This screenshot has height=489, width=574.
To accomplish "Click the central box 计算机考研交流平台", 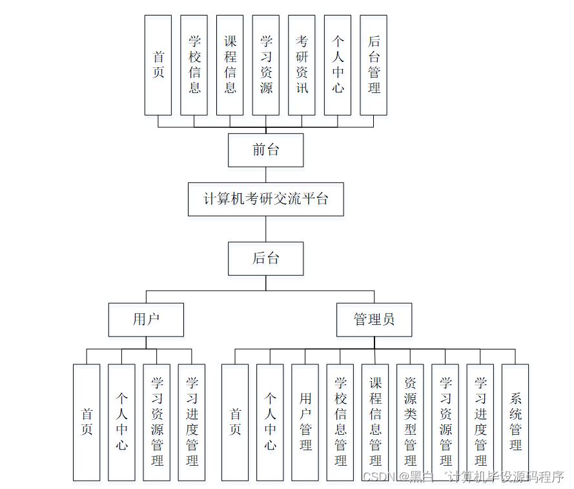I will (x=265, y=199).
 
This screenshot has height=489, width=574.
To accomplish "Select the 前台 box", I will (x=265, y=150).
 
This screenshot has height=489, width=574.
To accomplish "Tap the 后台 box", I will (x=265, y=258).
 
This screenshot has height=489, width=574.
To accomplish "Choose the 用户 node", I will (x=146, y=319).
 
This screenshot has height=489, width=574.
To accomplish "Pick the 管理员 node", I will (x=374, y=319).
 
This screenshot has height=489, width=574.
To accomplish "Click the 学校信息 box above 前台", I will (x=194, y=65).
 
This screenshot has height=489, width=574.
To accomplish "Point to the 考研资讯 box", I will (x=302, y=65).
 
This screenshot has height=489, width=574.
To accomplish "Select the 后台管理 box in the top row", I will (x=374, y=65).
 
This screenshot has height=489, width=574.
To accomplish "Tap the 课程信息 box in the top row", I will (x=230, y=65).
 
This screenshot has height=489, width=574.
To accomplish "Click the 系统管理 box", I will (x=515, y=422).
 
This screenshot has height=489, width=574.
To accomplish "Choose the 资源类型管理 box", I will (x=410, y=422).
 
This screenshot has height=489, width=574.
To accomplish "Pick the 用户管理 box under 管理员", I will (x=305, y=422).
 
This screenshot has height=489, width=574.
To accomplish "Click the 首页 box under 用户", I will (x=87, y=422).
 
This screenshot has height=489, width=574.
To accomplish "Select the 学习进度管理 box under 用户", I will (x=192, y=422).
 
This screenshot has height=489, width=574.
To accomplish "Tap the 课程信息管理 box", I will (x=375, y=422).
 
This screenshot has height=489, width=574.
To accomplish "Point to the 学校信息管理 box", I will (x=340, y=422).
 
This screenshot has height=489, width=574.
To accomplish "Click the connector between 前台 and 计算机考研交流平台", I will (x=265, y=174).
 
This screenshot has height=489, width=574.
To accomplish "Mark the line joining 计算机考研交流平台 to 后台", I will (x=265, y=229).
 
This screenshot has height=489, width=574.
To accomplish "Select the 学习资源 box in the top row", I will (x=266, y=65).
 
